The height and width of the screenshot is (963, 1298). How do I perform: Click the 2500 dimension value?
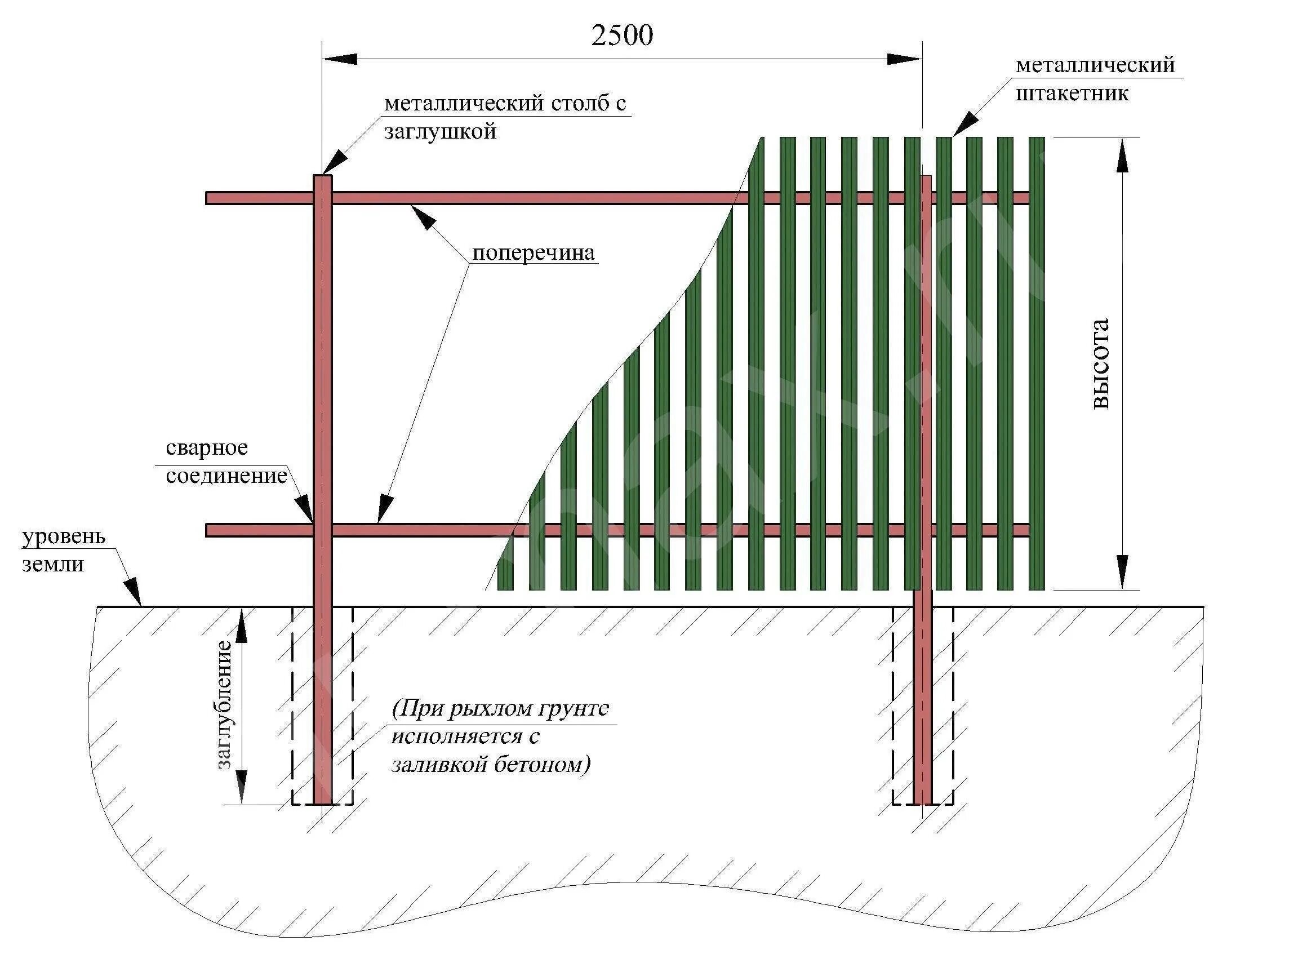(x=622, y=36)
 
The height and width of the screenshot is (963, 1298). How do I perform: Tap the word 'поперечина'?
(x=534, y=253)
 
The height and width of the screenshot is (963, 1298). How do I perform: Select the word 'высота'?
(x=1100, y=365)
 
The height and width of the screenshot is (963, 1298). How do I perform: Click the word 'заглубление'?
(x=224, y=705)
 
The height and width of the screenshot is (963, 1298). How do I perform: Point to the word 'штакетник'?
(x=1072, y=94)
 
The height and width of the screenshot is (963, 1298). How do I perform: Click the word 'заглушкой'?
(x=440, y=132)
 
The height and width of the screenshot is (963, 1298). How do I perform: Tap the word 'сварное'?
(x=207, y=447)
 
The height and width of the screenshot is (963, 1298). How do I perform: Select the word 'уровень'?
(x=64, y=536)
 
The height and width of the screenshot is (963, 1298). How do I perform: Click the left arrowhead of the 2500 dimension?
(x=340, y=59)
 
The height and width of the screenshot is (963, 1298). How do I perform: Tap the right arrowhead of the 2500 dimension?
(x=904, y=59)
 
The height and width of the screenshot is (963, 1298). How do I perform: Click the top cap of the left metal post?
(x=322, y=176)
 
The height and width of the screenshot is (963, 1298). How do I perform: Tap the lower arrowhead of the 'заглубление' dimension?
(x=241, y=787)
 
